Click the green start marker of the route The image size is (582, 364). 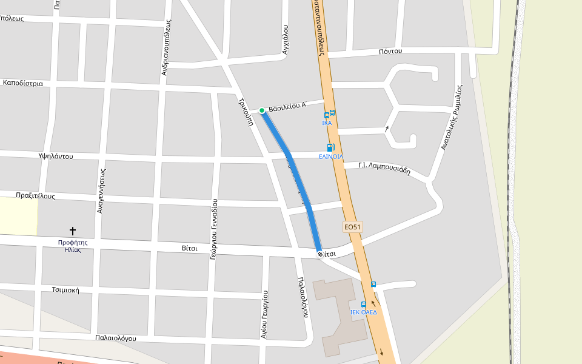(262, 110)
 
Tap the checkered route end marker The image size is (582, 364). (320, 254)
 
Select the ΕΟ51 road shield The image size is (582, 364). (352, 227)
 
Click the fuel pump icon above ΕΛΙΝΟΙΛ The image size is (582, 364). (330, 147)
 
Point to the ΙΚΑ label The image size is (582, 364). (327, 123)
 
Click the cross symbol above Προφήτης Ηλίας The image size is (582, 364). (73, 231)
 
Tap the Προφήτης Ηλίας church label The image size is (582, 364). (73, 246)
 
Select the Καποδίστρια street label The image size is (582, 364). (23, 83)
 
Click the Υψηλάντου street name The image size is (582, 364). (55, 156)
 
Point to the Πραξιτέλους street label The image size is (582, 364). (35, 196)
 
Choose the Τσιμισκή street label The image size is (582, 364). (65, 290)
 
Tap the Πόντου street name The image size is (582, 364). (390, 51)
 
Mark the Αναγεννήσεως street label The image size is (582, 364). (101, 191)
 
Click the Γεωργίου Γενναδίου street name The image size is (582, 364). (214, 229)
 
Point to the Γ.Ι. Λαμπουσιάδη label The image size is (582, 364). (384, 167)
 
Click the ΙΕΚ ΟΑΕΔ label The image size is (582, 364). (364, 312)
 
